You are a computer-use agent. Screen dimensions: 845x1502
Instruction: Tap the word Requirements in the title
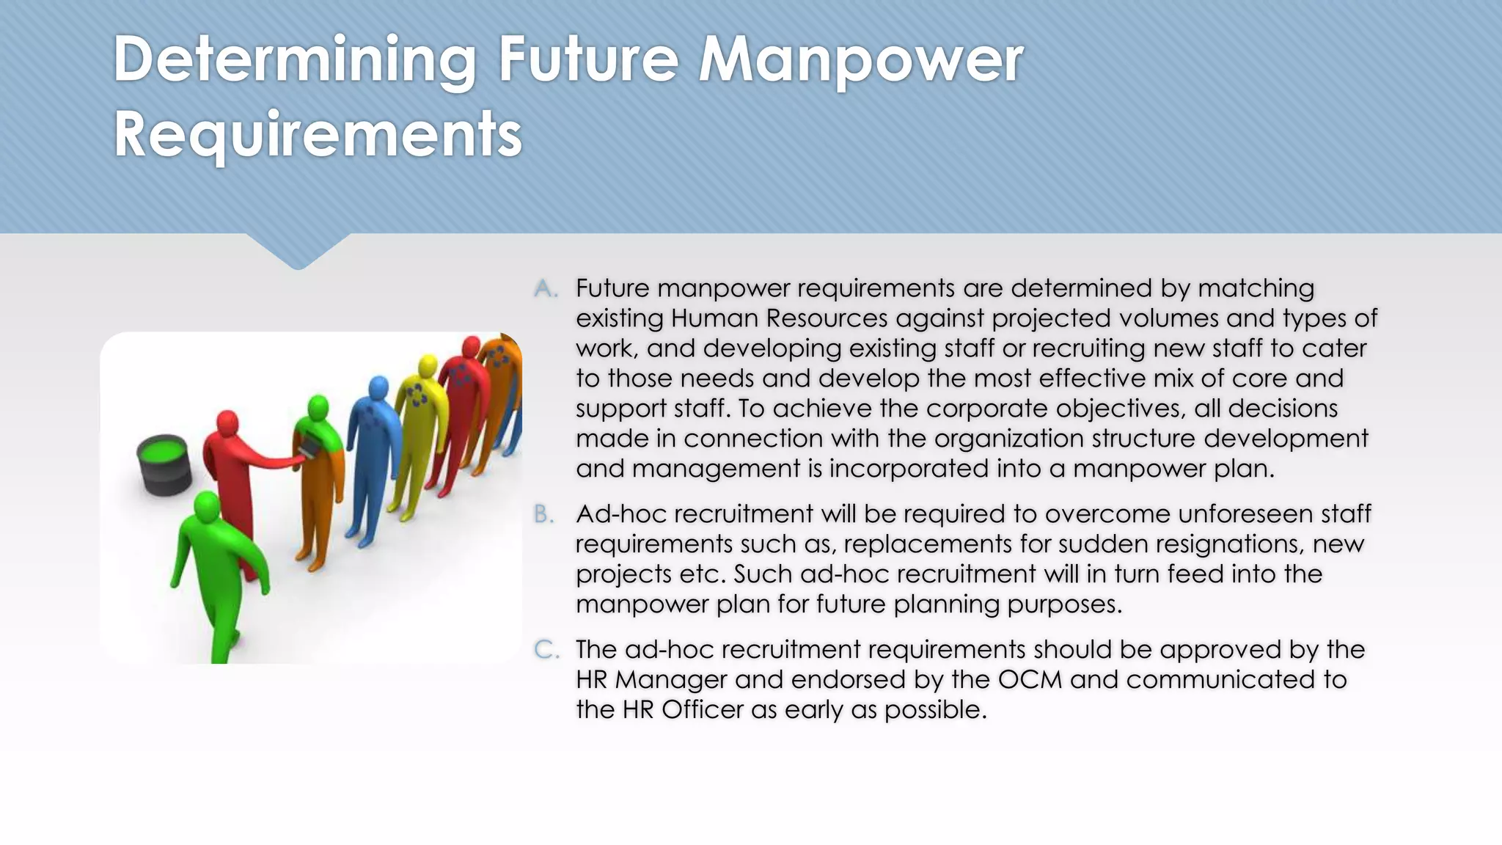point(318,135)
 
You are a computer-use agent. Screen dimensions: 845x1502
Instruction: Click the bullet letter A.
point(545,289)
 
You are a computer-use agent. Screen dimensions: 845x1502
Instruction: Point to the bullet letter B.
point(543,515)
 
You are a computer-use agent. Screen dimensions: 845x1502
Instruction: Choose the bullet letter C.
point(546,650)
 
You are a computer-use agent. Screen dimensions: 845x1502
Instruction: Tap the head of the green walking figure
point(206,505)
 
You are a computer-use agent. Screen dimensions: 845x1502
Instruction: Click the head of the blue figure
point(378,387)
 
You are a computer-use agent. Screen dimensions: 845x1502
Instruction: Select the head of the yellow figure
point(428,366)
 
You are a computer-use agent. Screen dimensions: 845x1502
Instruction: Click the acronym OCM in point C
point(1030,680)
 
